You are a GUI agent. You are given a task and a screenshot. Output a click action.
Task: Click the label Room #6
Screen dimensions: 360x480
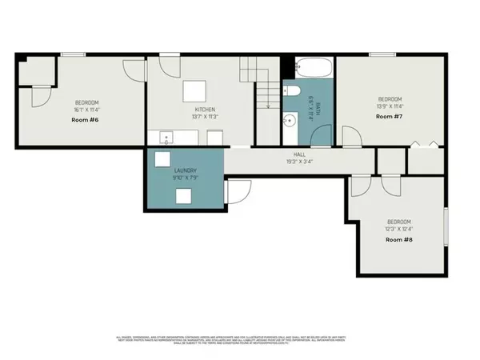pos(86,119)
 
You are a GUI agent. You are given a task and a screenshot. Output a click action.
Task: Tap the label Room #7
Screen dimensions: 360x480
pos(389,117)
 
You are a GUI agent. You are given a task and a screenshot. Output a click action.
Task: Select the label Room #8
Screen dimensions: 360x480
pos(400,239)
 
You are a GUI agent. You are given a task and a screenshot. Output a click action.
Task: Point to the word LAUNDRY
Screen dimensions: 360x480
pos(186,171)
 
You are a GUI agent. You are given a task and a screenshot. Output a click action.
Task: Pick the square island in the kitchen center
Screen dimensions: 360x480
pos(194,89)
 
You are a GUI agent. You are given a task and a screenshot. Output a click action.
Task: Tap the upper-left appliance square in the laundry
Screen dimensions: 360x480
pos(163,158)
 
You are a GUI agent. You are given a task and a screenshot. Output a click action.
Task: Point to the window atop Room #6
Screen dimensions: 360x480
pos(74,54)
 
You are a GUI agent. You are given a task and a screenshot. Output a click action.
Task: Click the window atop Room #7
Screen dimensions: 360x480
pos(381,54)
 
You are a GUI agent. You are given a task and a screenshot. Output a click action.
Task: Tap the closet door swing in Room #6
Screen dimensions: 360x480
pos(37,99)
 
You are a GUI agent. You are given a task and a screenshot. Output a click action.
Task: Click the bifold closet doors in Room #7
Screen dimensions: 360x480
pos(425,145)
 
